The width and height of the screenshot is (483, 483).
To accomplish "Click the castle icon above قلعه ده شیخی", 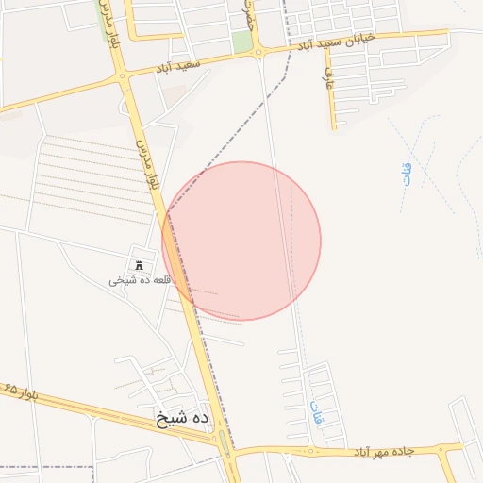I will point(140,265).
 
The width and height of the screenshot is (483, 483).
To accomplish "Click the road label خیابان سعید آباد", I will point(337,41).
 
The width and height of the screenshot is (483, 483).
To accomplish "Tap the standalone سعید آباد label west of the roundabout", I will point(179,67).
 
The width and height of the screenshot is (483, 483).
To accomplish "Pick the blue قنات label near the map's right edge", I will point(407,175).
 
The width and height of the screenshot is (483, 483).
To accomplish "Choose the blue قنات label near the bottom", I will point(316,411).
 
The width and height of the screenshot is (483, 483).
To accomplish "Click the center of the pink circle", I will point(241,241).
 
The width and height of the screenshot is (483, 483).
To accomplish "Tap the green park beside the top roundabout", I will point(242,42).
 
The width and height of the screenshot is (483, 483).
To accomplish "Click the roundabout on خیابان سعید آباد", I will point(258,53).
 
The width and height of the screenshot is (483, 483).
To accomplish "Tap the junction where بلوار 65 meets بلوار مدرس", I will point(222,440).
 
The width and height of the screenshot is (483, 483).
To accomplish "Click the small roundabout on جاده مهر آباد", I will point(311,451).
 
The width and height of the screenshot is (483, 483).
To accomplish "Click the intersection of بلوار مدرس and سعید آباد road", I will point(121,75).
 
